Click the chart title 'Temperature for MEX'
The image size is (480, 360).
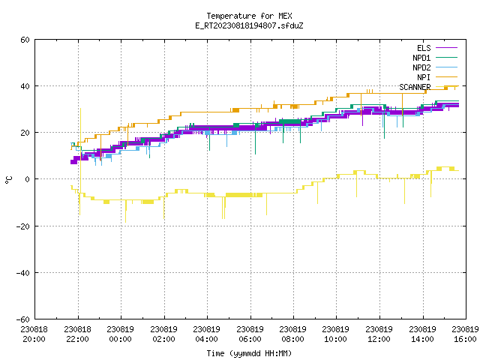[249, 16]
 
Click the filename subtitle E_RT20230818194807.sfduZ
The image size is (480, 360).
[249, 25]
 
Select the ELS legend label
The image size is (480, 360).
[424, 48]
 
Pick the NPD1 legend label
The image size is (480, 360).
[421, 58]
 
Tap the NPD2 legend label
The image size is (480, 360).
[421, 67]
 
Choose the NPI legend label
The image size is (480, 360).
[424, 77]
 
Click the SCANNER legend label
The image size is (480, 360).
[415, 87]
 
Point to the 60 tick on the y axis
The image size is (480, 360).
[25, 40]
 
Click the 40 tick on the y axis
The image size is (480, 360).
[25, 86]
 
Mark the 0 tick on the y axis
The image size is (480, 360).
[27, 179]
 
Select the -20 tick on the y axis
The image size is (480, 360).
[23, 226]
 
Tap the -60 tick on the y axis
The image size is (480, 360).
[23, 319]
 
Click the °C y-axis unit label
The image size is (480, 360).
[8, 180]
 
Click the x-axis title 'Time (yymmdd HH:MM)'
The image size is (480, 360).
[249, 353]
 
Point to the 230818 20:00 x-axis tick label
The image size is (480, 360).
[34, 334]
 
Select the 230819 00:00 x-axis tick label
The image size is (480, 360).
[121, 334]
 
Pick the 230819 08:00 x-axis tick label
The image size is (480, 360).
[293, 334]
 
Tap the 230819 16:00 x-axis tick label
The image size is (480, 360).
[466, 334]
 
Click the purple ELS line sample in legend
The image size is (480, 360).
[446, 48]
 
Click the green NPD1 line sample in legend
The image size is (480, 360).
[446, 57]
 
